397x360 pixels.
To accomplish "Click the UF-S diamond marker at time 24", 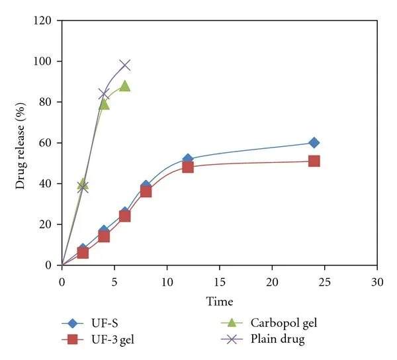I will pyautogui.click(x=314, y=143).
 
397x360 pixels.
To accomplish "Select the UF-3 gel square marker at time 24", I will pyautogui.click(x=314, y=161).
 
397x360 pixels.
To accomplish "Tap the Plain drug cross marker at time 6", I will pyautogui.click(x=125, y=65).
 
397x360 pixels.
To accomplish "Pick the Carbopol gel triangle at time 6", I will pyautogui.click(x=125, y=85).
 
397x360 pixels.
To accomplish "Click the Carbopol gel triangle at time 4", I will pyautogui.click(x=104, y=103).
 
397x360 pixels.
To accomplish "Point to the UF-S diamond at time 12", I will pyautogui.click(x=188, y=159).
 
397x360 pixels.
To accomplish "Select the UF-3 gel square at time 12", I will pyautogui.click(x=188, y=167).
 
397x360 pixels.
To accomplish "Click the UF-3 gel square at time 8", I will pyautogui.click(x=146, y=191).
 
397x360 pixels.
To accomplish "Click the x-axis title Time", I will pyautogui.click(x=220, y=302).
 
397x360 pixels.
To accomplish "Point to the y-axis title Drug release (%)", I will pyautogui.click(x=21, y=143).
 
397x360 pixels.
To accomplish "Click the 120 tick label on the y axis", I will pyautogui.click(x=44, y=21).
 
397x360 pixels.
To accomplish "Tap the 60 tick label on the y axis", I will pyautogui.click(x=47, y=143).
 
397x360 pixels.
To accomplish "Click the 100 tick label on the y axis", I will pyautogui.click(x=44, y=62).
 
